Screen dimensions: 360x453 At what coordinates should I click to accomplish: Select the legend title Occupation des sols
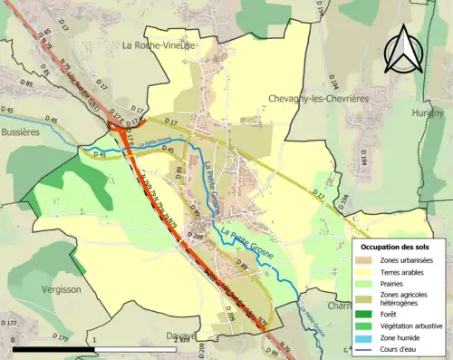click(396, 247)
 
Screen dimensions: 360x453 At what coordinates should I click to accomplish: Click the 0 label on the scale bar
click(15, 339)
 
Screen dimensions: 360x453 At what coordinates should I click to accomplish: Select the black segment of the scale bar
click(54, 348)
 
